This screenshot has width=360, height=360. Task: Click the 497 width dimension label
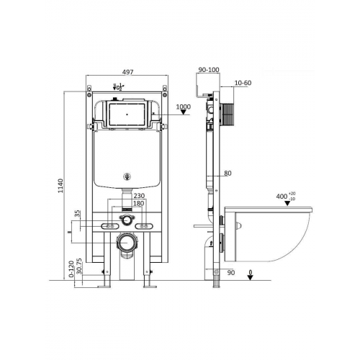pos(127,72)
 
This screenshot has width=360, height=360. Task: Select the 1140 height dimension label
pos(60,186)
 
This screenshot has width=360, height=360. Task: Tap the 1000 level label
pos(184,107)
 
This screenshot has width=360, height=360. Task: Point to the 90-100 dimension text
pos(209,70)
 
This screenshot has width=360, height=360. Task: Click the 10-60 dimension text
pos(243,83)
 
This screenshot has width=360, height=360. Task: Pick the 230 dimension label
pos(139,196)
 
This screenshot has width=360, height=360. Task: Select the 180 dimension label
pos(138,203)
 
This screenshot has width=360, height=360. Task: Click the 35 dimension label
pos(77,213)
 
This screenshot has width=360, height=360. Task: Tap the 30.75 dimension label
pos(79,266)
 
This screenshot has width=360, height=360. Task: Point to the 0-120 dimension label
pos(71,269)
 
